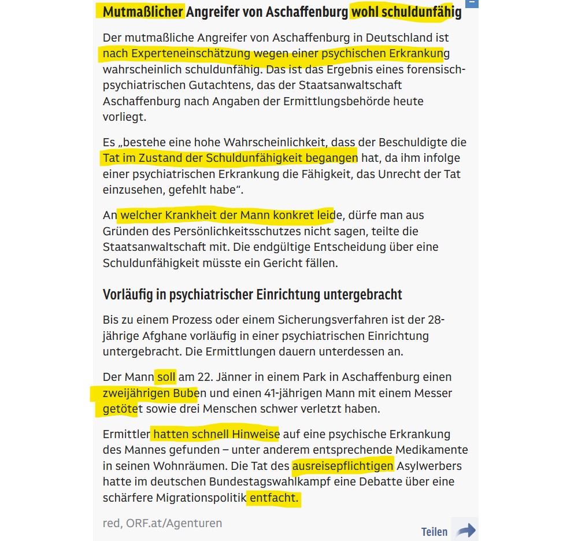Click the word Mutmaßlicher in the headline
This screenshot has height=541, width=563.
tap(143, 12)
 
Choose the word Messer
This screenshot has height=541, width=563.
tap(434, 394)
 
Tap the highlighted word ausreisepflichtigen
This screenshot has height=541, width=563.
tap(343, 466)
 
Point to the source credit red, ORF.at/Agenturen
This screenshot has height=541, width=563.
tap(162, 523)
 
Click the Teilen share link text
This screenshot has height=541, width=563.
tap(434, 532)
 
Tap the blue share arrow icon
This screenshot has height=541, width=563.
tap(465, 530)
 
